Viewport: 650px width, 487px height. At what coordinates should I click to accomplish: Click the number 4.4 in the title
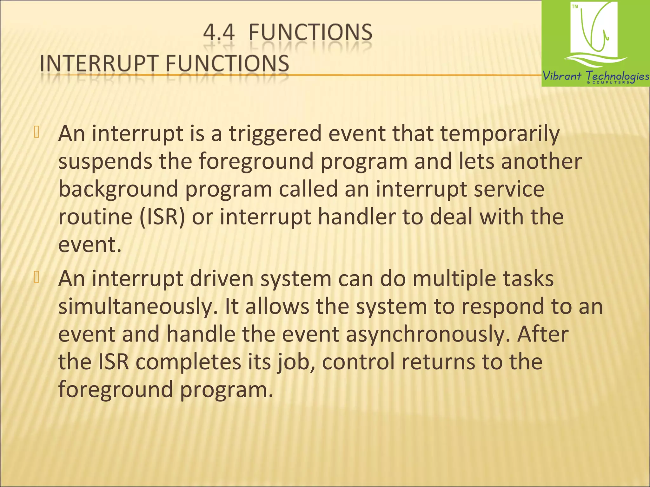219,33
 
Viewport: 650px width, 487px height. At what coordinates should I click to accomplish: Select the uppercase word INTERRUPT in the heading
99,63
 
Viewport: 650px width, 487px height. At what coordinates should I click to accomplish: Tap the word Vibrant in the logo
562,76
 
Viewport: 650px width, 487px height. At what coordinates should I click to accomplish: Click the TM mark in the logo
575,7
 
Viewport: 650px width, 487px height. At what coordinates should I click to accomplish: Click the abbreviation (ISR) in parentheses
162,217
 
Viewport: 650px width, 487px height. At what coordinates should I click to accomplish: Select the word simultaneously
138,307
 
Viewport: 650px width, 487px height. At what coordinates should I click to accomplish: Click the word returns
438,362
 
